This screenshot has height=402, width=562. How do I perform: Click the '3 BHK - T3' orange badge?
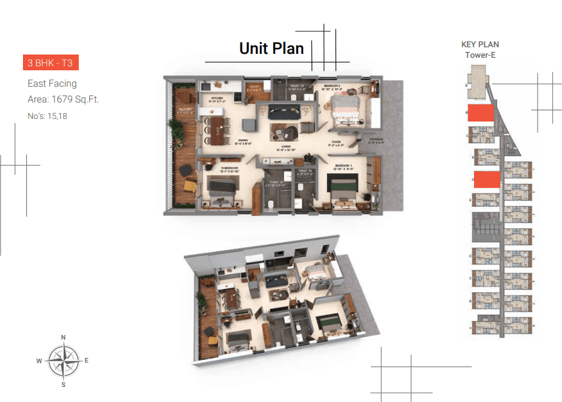coord(51,63)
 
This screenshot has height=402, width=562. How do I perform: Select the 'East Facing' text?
coord(52,83)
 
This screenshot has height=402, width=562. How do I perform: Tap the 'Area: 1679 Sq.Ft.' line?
coord(63,100)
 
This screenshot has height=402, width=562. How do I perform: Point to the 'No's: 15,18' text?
coord(47,116)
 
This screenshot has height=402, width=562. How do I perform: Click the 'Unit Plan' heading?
coord(271,48)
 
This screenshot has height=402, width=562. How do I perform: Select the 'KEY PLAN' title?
coord(480,45)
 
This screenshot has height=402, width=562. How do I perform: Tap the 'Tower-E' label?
coord(480,55)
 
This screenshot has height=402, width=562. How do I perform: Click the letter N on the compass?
coord(63,338)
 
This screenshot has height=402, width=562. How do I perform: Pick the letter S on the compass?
coord(63,384)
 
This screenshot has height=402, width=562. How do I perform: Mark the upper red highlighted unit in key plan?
coord(480,113)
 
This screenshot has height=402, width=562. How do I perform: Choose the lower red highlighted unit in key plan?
coord(486,180)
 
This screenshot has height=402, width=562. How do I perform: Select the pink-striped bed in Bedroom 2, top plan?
coord(345,107)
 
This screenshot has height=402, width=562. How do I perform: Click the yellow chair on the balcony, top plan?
coord(188,186)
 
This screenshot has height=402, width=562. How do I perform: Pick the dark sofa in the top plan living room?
coord(285,109)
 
